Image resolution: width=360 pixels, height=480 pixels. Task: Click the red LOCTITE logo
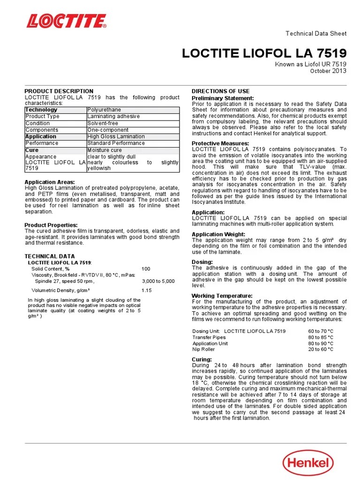tap(66, 21)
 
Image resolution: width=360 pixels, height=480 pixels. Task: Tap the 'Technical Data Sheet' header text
tap(316, 33)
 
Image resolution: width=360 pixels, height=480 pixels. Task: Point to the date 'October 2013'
tap(328, 71)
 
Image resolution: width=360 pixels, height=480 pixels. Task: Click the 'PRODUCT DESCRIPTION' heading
tap(59, 91)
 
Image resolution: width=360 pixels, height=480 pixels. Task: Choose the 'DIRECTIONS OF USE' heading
tap(220, 91)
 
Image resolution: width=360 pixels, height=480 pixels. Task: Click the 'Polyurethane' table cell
tap(104, 110)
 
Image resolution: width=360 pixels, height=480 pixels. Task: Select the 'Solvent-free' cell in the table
tap(103, 123)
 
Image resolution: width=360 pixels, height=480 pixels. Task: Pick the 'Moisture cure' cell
tap(105, 150)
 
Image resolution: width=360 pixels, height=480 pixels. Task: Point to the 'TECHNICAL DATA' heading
tap(49, 256)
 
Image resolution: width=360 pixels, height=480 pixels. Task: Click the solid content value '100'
tap(146, 269)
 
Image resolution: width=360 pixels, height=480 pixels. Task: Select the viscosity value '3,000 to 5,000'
tap(158, 281)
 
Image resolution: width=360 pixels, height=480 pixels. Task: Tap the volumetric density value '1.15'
tap(147, 291)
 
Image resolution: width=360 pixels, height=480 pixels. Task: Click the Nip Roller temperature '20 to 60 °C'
tap(321, 349)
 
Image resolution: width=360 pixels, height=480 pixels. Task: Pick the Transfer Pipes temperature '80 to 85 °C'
tap(321, 337)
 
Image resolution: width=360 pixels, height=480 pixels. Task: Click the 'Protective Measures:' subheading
tap(220, 143)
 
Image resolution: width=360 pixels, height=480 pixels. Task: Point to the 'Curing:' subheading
tap(202, 359)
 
